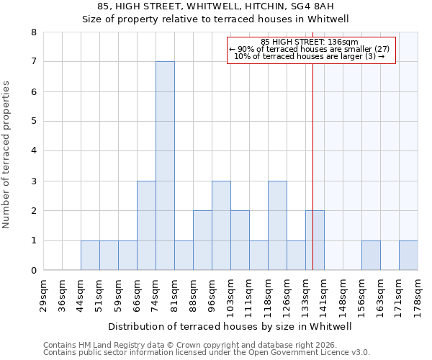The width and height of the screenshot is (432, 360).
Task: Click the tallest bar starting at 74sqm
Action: point(165,166)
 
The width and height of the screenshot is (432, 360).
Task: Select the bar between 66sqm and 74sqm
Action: point(146,225)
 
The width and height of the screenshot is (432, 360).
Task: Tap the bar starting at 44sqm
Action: point(90,255)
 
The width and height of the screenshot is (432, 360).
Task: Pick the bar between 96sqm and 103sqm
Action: point(221,225)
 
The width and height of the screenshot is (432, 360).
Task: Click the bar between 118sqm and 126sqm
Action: point(277,225)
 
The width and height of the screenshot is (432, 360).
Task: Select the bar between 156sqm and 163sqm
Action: point(371,255)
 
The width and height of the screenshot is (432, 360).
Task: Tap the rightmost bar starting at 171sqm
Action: point(408,255)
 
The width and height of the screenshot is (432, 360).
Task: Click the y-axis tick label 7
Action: point(34,62)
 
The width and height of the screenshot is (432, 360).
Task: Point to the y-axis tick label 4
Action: point(34,151)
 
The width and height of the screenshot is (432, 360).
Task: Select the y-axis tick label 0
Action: point(34,271)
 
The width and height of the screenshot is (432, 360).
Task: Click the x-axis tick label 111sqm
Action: point(250,294)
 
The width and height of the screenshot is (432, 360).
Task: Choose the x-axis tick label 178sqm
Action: point(418,294)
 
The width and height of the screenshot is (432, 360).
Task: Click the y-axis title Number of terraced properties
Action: point(7,154)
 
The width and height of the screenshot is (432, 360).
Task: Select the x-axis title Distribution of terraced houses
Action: point(230,326)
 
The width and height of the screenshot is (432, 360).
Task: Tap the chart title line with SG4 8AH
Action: point(215,6)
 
